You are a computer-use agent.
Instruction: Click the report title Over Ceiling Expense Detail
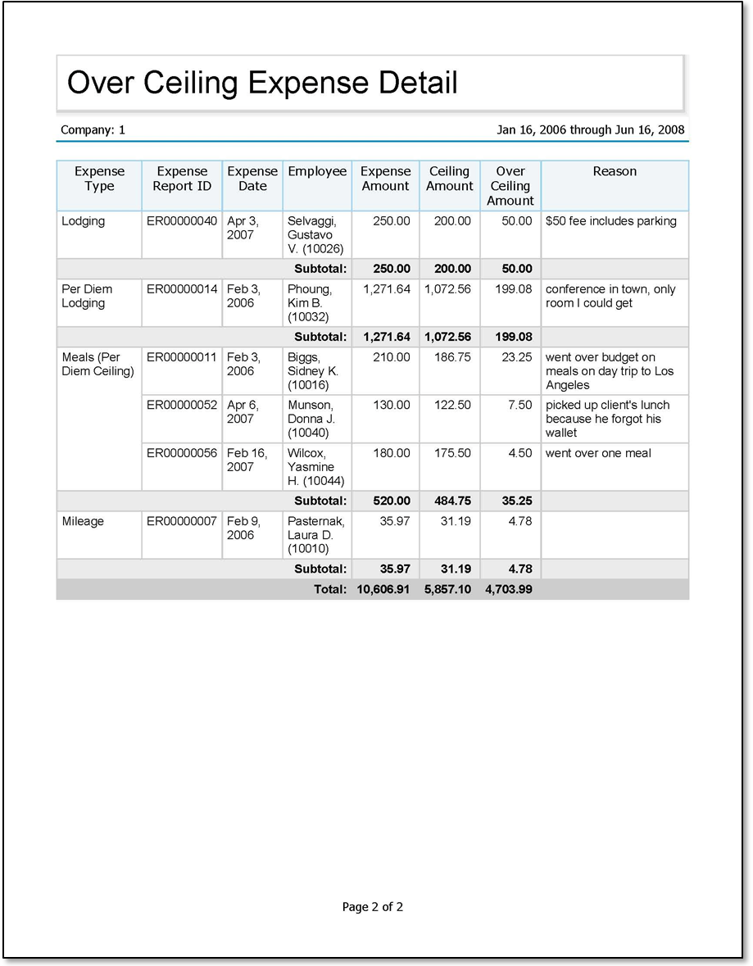click(262, 83)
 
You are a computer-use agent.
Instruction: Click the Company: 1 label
click(93, 129)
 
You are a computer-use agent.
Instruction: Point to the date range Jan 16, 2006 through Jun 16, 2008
click(590, 129)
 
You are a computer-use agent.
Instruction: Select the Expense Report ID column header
click(182, 179)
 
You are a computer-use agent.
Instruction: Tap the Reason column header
click(615, 171)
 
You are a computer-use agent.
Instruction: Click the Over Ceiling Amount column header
click(510, 186)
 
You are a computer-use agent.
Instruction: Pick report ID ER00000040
click(182, 221)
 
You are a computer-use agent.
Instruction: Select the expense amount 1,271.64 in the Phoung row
click(387, 289)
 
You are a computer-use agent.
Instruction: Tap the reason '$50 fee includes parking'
click(611, 221)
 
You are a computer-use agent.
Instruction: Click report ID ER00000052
click(182, 406)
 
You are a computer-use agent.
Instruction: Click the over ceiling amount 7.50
click(519, 406)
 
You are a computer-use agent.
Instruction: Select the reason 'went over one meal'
click(597, 453)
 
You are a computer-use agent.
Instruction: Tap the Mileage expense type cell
click(83, 521)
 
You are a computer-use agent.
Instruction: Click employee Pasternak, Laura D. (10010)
click(316, 535)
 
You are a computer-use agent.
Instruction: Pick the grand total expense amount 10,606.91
click(383, 590)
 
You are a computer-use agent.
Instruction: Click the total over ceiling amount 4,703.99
click(509, 590)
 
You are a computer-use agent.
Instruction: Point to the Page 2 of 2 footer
click(373, 907)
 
